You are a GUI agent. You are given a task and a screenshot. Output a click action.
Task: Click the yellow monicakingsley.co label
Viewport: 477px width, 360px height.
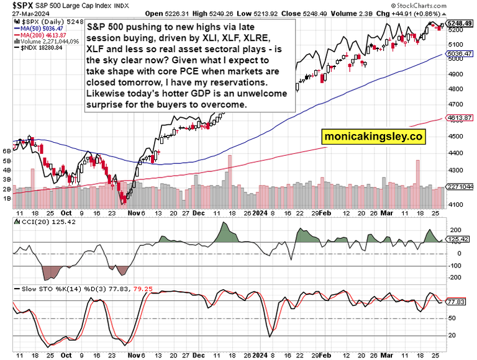tap(373, 137)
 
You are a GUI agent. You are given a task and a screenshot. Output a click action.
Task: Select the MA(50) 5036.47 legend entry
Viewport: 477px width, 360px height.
tap(42, 28)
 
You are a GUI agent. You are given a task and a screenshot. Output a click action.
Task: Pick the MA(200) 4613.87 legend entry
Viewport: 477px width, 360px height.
tap(43, 35)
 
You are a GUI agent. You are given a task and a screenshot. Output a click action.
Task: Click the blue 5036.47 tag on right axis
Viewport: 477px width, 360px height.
tap(460, 54)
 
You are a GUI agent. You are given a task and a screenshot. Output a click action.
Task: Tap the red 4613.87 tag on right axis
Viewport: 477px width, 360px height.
tap(460, 118)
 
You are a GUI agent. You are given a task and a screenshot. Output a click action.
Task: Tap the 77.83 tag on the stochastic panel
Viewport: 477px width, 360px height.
tap(458, 301)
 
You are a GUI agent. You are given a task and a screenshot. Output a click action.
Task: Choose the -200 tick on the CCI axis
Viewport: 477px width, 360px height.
tap(454, 277)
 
